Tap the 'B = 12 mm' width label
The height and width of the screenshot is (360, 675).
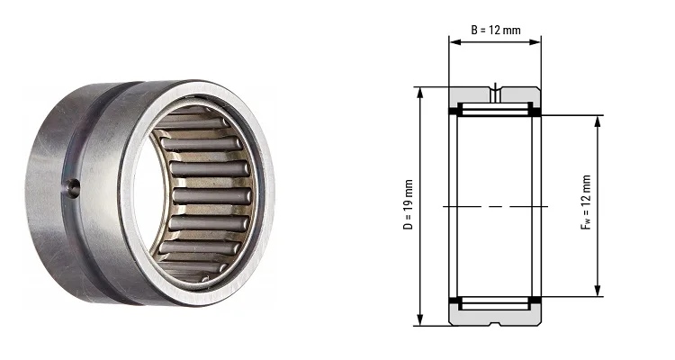click(496, 30)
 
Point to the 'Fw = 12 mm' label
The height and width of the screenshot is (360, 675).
click(587, 206)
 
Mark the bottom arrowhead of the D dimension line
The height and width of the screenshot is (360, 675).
click(419, 321)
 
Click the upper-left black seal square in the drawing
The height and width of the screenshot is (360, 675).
click(454, 112)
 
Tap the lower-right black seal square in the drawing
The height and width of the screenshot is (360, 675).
click(536, 301)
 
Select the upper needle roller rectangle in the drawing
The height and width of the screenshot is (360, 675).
click(495, 110)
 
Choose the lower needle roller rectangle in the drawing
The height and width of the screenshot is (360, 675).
click(495, 302)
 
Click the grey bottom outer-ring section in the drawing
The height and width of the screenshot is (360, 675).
click(495, 316)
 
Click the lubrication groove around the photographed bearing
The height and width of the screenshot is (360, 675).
click(109, 180)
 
